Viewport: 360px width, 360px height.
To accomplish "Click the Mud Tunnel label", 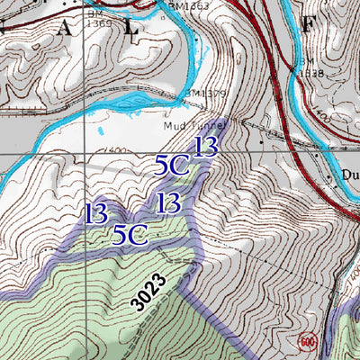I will click(192, 127).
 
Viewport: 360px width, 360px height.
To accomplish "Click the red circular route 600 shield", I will click(307, 341).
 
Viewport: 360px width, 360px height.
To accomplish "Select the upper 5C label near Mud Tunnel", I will click(171, 166).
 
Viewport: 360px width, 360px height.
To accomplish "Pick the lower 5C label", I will click(130, 235).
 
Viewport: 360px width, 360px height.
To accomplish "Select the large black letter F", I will click(308, 24).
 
